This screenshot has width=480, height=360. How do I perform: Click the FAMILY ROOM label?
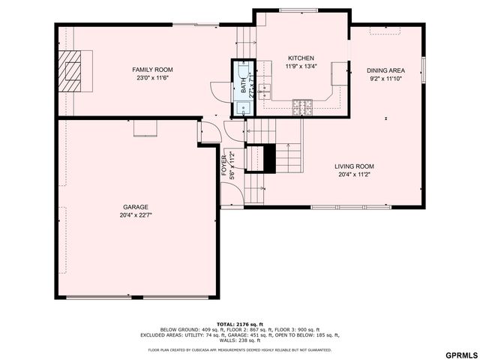(148, 70)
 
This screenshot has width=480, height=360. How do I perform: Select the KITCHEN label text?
(301, 58)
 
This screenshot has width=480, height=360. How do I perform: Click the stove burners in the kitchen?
(302, 106)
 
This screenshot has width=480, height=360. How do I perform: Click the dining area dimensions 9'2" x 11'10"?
(386, 78)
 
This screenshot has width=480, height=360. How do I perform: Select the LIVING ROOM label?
(354, 166)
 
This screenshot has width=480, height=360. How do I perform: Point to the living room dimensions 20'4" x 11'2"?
(354, 175)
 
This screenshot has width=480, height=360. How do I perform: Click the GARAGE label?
(136, 207)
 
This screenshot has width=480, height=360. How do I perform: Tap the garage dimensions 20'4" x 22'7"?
(136, 215)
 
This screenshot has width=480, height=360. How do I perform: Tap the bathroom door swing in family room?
(219, 90)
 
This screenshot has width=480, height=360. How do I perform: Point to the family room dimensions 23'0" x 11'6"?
(148, 78)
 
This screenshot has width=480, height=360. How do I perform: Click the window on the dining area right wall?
(424, 69)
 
